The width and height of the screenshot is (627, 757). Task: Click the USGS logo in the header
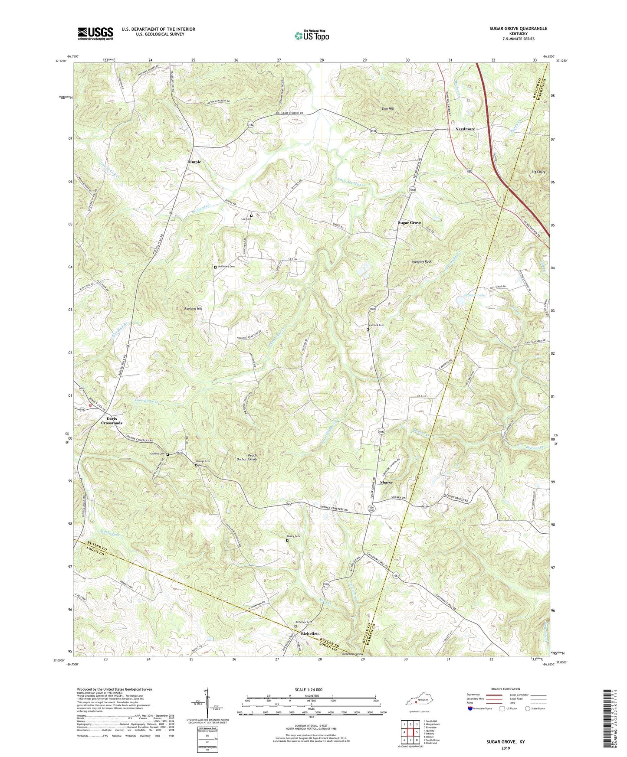coord(95,33)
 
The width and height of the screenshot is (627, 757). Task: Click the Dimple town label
coord(194,162)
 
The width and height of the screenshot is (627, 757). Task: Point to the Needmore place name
coord(465,129)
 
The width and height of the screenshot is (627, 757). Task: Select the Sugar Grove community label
coord(410,222)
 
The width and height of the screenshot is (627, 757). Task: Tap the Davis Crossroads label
coord(112,421)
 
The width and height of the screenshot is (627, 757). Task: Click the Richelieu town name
coord(311,633)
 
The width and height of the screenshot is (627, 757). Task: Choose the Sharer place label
coord(386,482)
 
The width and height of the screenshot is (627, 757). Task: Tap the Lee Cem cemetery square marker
coord(251,215)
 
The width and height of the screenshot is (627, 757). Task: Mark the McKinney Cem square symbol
coord(215,267)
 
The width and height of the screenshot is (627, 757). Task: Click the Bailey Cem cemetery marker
coord(287,540)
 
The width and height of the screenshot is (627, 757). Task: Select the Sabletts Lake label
coord(474,295)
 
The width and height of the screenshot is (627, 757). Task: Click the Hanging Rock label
coord(421,262)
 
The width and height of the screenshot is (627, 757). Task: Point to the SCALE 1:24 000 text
coord(309,689)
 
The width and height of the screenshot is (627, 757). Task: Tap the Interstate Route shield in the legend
coord(470,708)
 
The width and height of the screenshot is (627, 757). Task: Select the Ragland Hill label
coord(193,308)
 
